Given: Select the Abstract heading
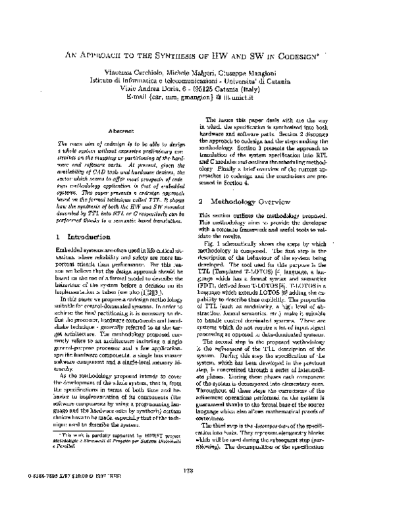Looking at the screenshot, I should click(121, 132).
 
